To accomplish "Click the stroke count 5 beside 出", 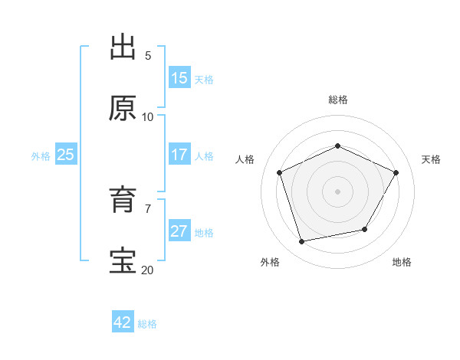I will [148, 55].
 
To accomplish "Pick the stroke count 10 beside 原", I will [148, 116].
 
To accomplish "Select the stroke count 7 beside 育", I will [148, 208].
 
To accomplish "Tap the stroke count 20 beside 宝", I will [147, 270].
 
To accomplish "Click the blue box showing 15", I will [179, 78].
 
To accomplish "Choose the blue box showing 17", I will [179, 155].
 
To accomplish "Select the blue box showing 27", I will [179, 231].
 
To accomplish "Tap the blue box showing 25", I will [66, 155].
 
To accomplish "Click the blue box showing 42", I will [123, 322].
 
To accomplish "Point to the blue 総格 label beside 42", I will [147, 324].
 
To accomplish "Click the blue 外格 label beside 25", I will [41, 156].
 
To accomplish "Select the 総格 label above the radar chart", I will [338, 100].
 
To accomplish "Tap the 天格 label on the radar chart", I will [431, 159].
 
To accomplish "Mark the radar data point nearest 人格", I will [281, 172].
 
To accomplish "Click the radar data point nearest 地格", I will [365, 229].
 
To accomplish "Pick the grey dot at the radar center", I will [338, 191].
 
